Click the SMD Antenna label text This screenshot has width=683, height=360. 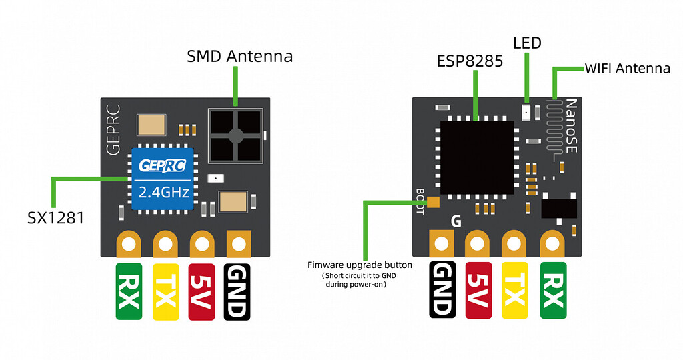[x=239, y=57]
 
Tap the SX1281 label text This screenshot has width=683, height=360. [x=55, y=217]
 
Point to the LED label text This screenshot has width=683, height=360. [x=527, y=43]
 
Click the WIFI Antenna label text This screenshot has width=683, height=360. [x=627, y=68]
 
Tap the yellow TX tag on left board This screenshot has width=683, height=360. [x=166, y=291]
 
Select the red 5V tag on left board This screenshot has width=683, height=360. [x=202, y=291]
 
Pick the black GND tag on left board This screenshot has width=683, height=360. [x=238, y=291]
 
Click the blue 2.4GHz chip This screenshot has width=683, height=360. [x=164, y=177]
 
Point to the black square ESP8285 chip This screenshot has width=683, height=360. [x=476, y=157]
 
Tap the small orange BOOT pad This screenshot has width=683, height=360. [x=434, y=202]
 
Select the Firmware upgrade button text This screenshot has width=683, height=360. [x=360, y=265]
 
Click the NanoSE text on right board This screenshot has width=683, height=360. [x=571, y=127]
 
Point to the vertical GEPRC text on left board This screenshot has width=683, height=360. [x=113, y=129]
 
